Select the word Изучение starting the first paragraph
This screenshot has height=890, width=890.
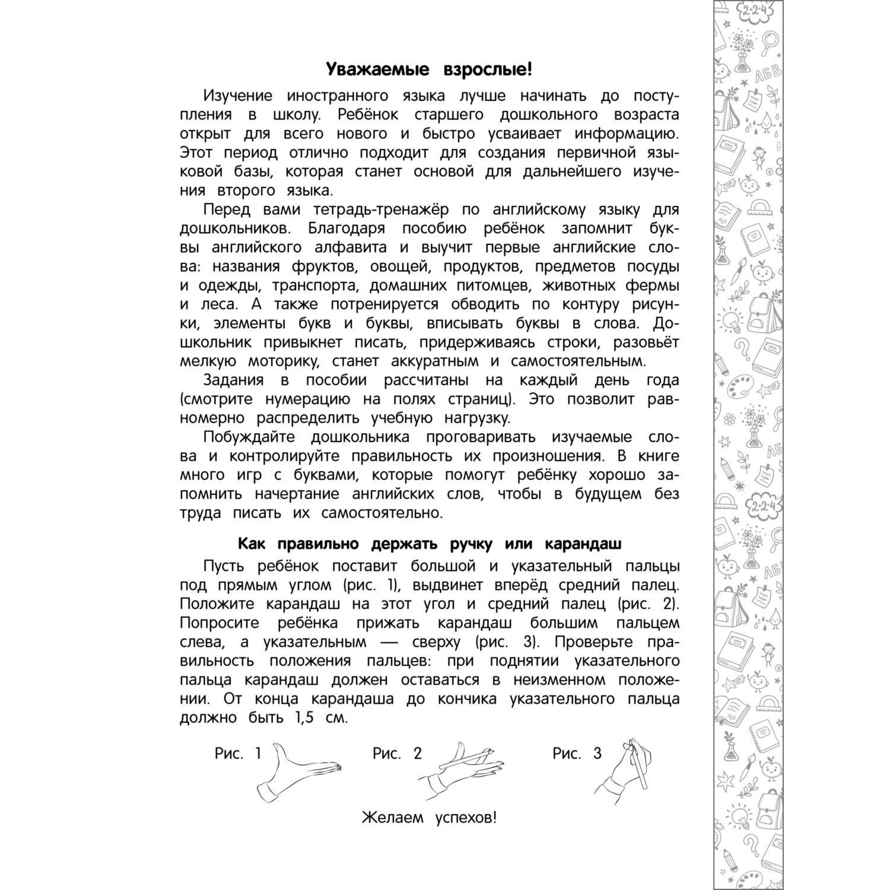pyautogui.click(x=237, y=96)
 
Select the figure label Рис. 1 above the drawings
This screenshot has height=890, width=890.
pyautogui.click(x=238, y=754)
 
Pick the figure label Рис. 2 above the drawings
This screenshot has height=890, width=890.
pyautogui.click(x=397, y=754)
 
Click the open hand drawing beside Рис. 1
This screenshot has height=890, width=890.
pyautogui.click(x=303, y=771)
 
